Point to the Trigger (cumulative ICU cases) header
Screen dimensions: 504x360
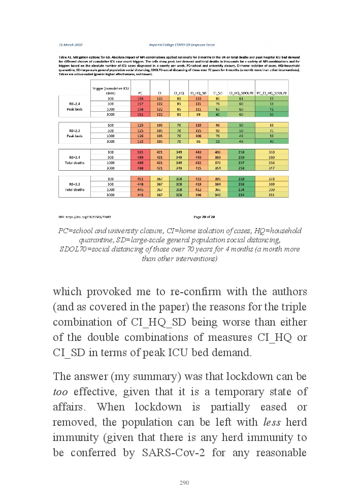pos(111,90)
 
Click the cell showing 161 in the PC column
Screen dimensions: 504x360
pos(140,114)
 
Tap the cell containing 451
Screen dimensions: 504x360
pos(140,179)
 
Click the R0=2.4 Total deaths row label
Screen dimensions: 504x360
pos(75,160)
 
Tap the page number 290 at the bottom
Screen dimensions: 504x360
pos(184,483)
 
